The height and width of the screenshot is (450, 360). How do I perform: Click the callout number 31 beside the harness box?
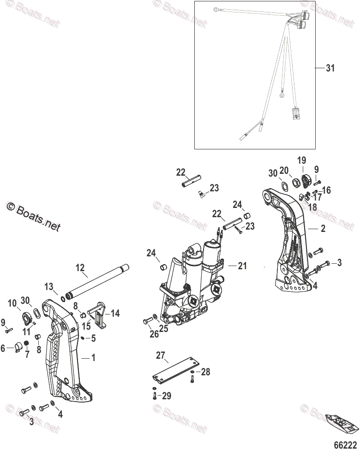(x=330, y=68)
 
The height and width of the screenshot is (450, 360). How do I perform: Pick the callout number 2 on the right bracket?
(x=323, y=228)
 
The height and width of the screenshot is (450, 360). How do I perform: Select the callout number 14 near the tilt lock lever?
(x=115, y=314)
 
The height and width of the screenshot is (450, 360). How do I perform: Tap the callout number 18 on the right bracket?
(x=312, y=207)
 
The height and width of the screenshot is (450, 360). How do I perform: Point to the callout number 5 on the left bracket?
(x=93, y=337)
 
